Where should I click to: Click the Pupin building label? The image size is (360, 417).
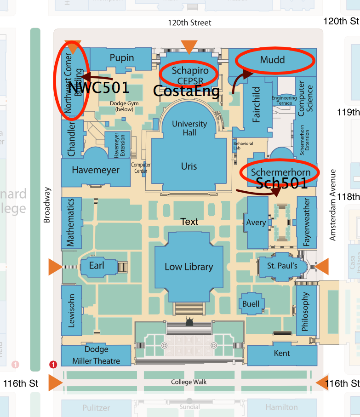(122, 58)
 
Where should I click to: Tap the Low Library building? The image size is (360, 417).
(189, 267)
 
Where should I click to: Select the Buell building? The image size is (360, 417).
(251, 303)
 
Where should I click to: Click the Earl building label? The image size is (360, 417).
(97, 266)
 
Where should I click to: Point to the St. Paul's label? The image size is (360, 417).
(282, 266)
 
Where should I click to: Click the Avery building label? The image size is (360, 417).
(256, 223)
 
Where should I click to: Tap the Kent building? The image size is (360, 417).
(282, 353)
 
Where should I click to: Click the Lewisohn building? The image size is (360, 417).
(71, 312)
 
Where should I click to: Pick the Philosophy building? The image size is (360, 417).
(306, 312)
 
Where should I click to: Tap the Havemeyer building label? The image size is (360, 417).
(96, 170)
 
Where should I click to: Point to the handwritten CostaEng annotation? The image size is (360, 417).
(186, 91)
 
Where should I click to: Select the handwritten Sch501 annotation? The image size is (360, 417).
(281, 183)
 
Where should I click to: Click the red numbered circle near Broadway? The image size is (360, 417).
(53, 365)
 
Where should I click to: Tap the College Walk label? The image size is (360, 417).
(189, 382)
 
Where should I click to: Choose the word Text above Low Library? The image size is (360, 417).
(189, 222)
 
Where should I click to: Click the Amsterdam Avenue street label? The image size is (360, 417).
(333, 205)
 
